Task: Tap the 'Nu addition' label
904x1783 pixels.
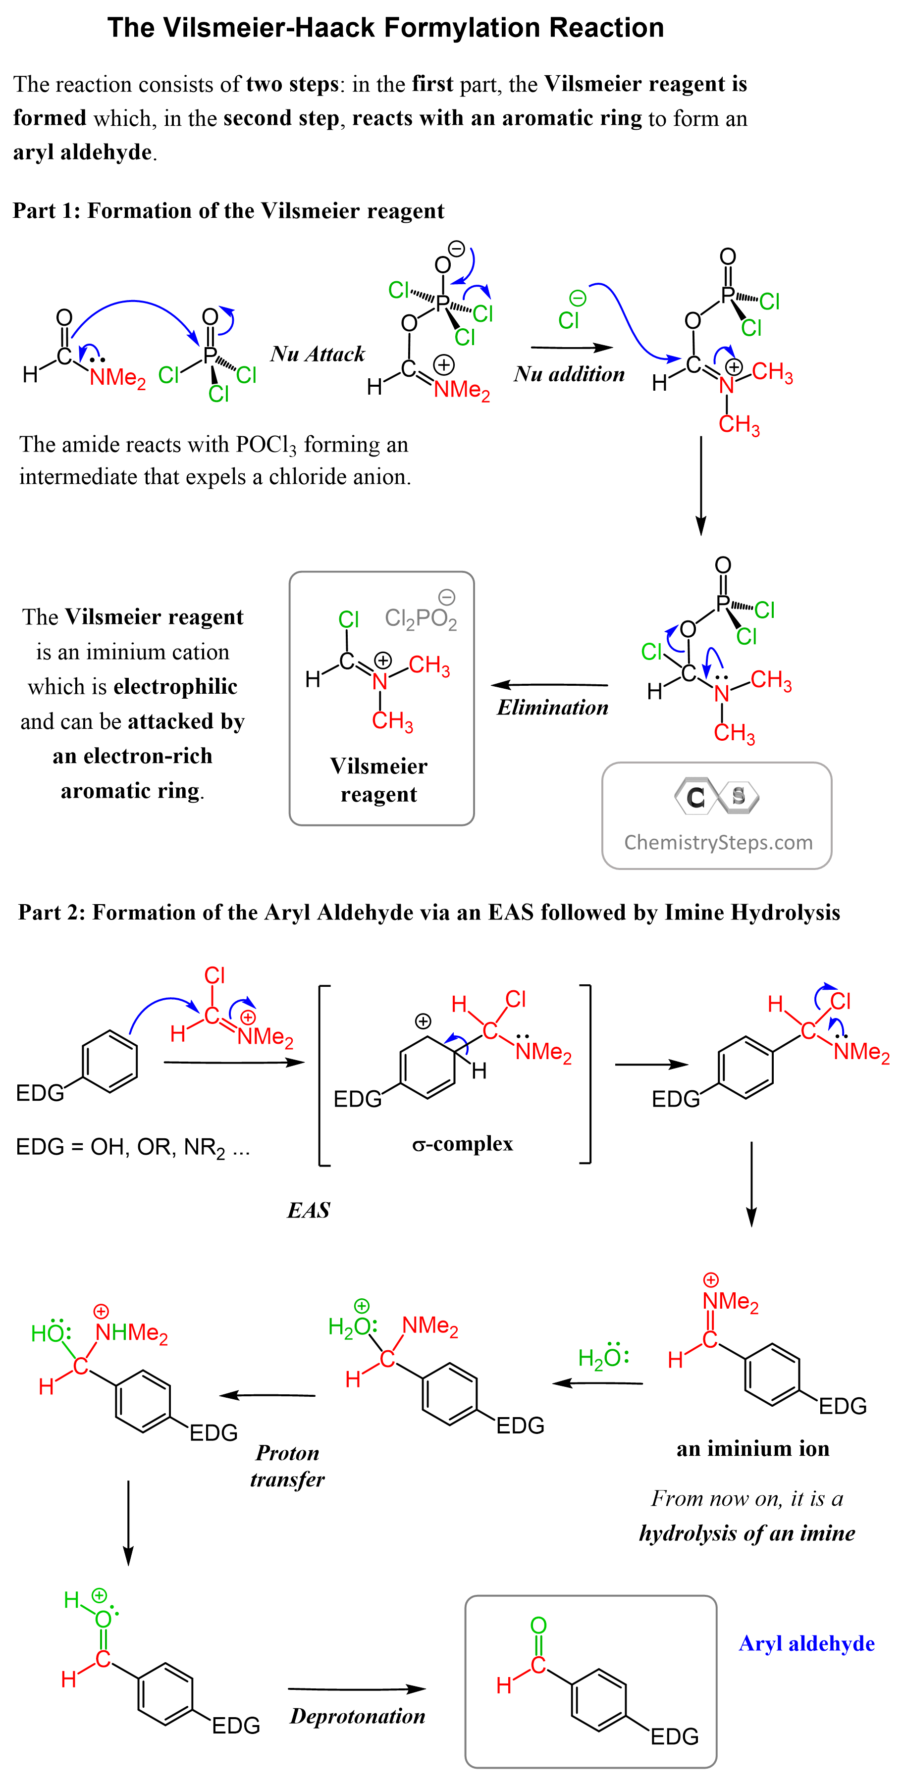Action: [569, 374]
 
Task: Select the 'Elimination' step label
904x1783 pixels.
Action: [552, 708]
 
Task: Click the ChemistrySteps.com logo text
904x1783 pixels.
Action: [718, 842]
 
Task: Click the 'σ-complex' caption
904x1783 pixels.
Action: [462, 1143]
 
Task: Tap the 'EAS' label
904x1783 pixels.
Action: [309, 1210]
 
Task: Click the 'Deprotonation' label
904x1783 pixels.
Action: [357, 1716]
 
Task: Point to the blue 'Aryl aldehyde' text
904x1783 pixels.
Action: [806, 1643]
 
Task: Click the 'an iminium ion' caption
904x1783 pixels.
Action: [752, 1449]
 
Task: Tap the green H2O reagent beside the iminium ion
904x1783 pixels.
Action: [602, 1358]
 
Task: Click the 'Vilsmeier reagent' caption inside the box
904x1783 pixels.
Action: [378, 780]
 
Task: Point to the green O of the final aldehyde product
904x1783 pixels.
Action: [538, 1625]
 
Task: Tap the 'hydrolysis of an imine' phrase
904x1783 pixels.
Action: [747, 1532]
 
